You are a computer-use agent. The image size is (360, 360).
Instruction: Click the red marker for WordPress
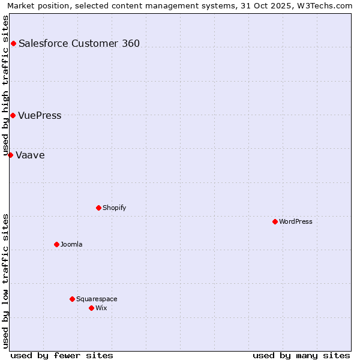pos(275,221)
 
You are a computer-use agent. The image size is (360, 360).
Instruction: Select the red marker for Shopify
pos(98,208)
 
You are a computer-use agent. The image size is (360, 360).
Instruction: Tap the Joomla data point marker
pos(56,244)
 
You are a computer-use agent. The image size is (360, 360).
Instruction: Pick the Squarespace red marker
pos(72,299)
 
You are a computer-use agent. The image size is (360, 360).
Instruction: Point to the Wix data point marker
pos(91,308)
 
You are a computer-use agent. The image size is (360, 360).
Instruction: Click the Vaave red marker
pos(10,155)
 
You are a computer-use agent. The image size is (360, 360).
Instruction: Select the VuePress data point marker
pos(13,115)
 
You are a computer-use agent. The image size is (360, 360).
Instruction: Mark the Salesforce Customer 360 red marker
pos(13,43)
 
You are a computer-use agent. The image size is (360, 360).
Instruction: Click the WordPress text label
pos(296,221)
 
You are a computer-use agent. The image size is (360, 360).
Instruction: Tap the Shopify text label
pos(115,208)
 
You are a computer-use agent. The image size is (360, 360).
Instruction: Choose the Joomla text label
pos(71,244)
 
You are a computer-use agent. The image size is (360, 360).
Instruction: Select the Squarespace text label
pos(97,299)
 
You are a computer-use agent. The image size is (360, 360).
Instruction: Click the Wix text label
pos(101,308)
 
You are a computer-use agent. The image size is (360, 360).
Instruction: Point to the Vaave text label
pos(30,155)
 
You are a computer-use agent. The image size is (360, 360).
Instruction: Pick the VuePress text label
pos(40,116)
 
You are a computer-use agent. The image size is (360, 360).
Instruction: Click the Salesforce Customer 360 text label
pos(79,43)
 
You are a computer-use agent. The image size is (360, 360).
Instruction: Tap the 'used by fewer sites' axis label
pos(62,355)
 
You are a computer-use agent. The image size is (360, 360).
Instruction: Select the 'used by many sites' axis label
pos(301,355)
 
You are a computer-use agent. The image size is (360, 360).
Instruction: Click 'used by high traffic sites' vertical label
pos(6,85)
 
